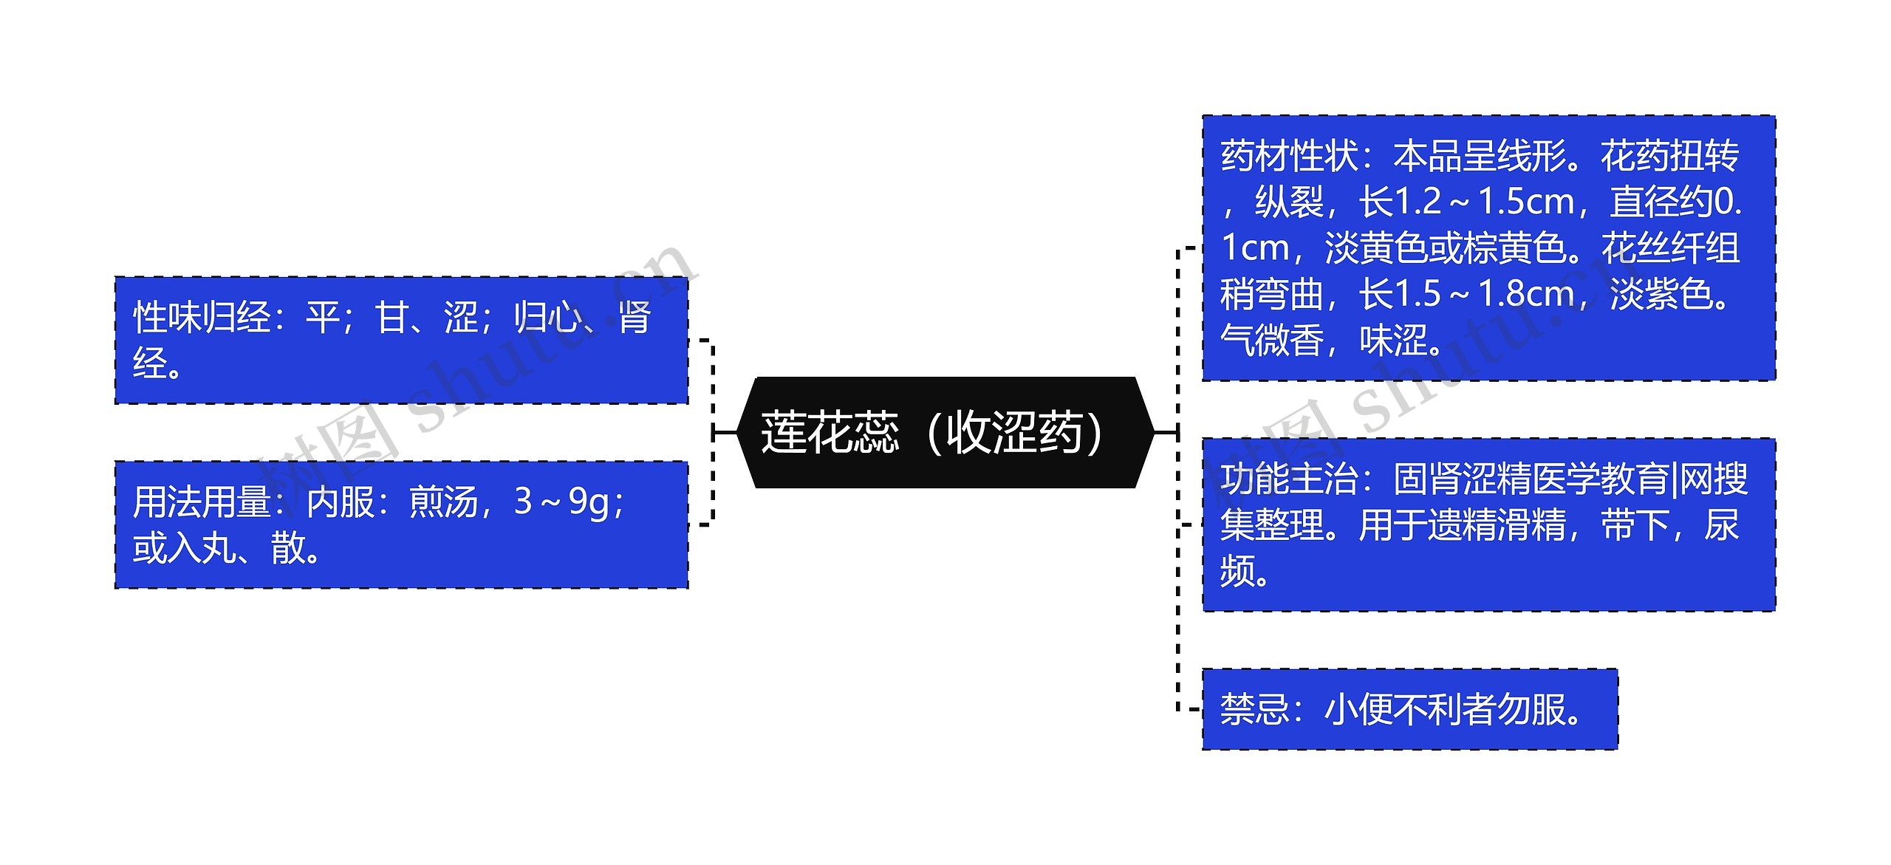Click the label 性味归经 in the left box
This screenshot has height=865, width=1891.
[202, 318]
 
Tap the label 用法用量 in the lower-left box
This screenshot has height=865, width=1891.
[202, 502]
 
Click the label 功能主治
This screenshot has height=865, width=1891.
[1289, 479]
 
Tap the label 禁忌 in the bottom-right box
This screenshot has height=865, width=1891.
[1254, 709]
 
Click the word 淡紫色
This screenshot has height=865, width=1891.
[1661, 294]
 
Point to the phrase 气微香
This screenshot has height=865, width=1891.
[1272, 341]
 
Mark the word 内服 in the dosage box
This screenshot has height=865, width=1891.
[341, 502]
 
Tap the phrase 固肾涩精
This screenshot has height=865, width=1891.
[1463, 479]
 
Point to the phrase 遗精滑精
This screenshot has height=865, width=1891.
[1497, 525]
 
